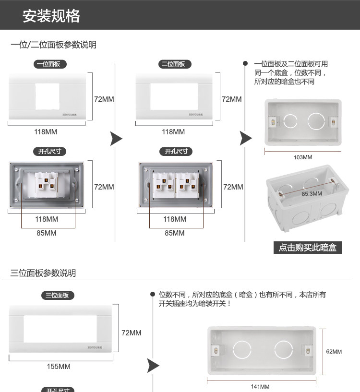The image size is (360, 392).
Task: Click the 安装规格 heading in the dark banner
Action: coord(51,16)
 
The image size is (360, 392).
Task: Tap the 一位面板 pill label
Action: coord(50,64)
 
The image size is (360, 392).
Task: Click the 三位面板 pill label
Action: coord(57,295)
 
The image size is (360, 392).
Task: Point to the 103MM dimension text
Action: coord(302,157)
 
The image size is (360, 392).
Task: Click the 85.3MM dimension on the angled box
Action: coord(312,194)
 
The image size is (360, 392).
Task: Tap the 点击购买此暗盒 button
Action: coord(307,248)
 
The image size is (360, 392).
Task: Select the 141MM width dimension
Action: coord(260,387)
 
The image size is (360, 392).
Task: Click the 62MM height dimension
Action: coord(334,352)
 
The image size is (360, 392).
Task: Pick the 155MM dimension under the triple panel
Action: coord(59,367)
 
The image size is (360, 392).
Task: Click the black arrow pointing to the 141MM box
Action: coord(153,366)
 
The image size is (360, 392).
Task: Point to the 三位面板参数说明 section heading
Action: coord(43,273)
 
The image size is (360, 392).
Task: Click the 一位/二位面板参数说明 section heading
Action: coord(53,45)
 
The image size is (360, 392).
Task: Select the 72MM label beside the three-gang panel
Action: coord(132,333)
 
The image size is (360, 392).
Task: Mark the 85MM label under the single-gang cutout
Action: coord(47,233)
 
